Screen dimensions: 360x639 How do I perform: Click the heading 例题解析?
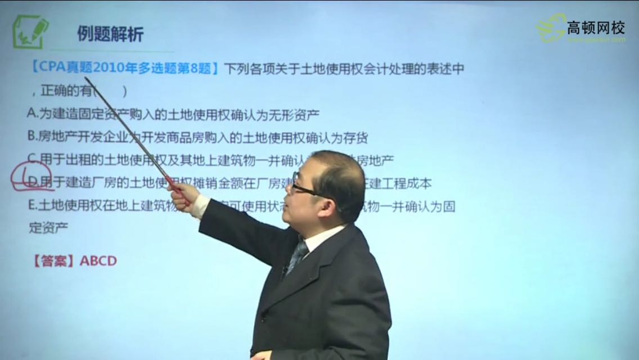pyautogui.click(x=110, y=34)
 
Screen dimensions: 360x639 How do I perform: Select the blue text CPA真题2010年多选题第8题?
pyautogui.click(x=124, y=69)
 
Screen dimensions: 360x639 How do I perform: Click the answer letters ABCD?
pyautogui.click(x=98, y=260)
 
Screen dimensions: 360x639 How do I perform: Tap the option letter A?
pyautogui.click(x=31, y=113)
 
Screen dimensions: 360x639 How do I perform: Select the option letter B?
pyautogui.click(x=31, y=136)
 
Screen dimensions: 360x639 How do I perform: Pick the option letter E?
pyautogui.click(x=31, y=206)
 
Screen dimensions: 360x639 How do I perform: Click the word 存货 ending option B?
pyautogui.click(x=357, y=137)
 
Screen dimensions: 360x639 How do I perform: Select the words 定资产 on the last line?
pyautogui.click(x=48, y=227)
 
